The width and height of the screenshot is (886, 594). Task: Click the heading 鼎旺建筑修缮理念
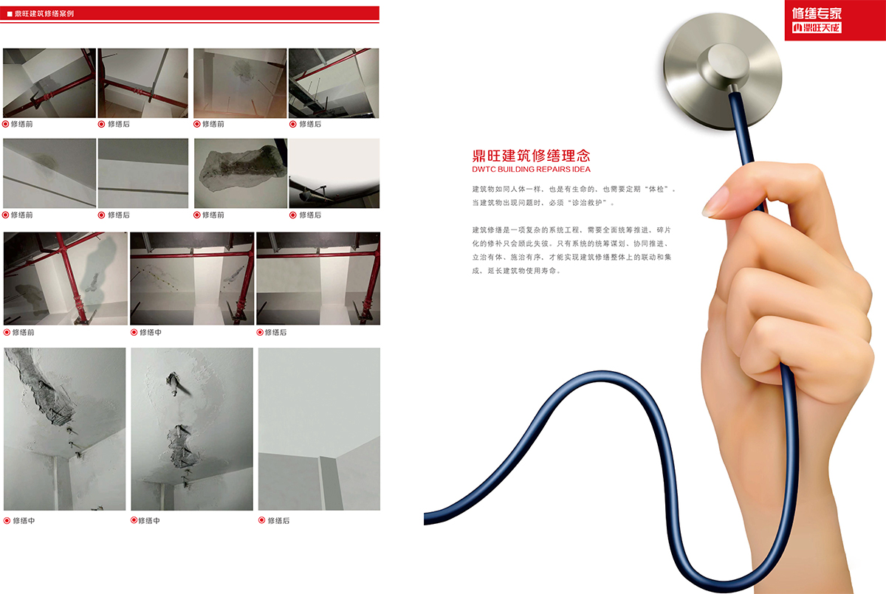(531, 156)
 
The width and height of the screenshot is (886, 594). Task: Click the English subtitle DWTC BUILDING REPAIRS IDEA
(531, 169)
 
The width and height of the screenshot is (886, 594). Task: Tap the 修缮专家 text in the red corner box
(817, 13)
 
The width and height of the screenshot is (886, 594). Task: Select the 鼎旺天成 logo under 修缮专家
(817, 27)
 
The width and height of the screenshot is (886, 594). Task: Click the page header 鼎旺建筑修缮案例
(44, 13)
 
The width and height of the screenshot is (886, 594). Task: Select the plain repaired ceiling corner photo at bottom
(319, 429)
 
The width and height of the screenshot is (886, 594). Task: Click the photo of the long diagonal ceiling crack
(65, 429)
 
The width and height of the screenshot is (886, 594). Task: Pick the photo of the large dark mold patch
(241, 173)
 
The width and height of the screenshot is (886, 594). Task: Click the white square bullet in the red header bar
(10, 14)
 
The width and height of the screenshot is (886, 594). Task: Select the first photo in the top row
(49, 83)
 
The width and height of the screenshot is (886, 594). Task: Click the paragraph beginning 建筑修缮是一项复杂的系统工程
(571, 250)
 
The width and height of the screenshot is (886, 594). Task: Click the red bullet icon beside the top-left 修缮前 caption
(6, 124)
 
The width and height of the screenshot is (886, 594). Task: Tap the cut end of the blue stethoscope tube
(425, 519)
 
